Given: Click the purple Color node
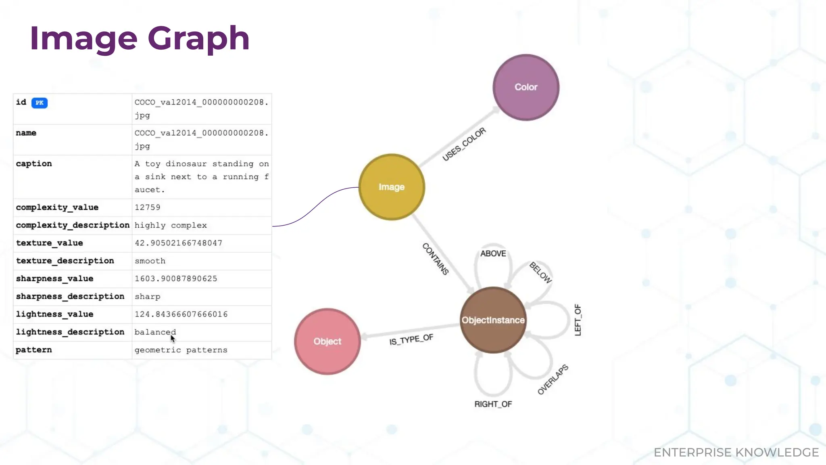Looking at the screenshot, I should pos(526,87).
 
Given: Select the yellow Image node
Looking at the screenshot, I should pos(391,187).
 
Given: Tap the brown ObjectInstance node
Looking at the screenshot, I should pos(493,320).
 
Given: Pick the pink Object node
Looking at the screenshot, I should pos(327,341).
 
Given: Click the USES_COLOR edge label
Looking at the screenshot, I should pos(464,145).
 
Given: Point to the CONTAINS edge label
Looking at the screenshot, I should pos(436,259).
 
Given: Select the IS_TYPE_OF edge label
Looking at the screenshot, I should pos(411,340).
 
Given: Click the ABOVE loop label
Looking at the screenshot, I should pos(493,253).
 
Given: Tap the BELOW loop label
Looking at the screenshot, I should pos(540,272).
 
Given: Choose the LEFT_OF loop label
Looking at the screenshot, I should pos(578,320).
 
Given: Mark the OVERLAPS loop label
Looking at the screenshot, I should pos(553,379).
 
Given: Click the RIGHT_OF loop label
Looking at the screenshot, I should pos(493,404).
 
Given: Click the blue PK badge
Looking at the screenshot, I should pos(40,103).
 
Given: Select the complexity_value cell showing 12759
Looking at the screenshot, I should pos(148,207).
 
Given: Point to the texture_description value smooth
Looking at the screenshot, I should pos(150,261).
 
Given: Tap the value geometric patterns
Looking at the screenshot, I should pos(181,350).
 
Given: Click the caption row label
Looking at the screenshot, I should pos(34,164).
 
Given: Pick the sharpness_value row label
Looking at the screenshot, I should pos(54,279).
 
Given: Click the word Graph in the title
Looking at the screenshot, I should pos(198,39).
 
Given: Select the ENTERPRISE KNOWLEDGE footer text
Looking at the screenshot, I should pos(736,452).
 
